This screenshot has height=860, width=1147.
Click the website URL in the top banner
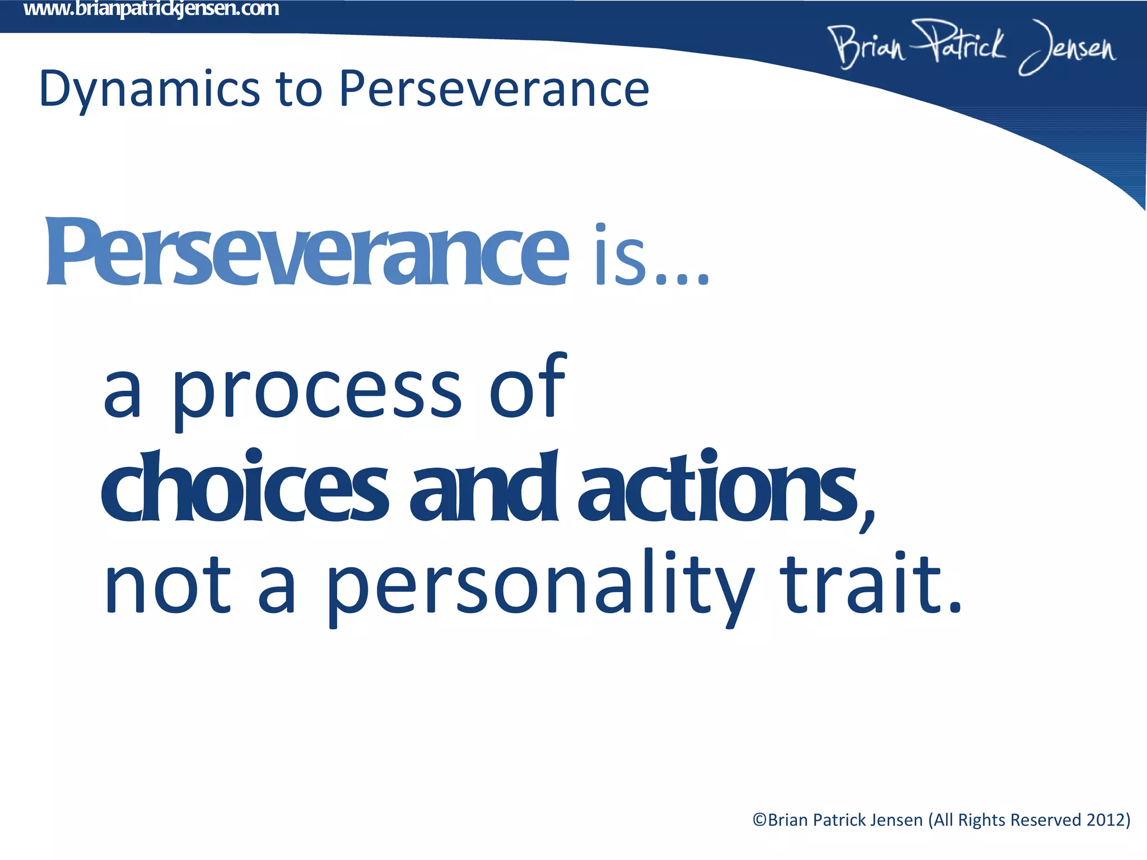[151, 10]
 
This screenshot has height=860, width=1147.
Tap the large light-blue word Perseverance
[306, 253]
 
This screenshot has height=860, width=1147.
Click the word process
[317, 392]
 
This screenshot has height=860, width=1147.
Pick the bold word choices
[244, 487]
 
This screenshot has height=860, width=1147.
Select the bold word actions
[717, 487]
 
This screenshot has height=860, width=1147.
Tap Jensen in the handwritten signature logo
[1067, 48]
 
